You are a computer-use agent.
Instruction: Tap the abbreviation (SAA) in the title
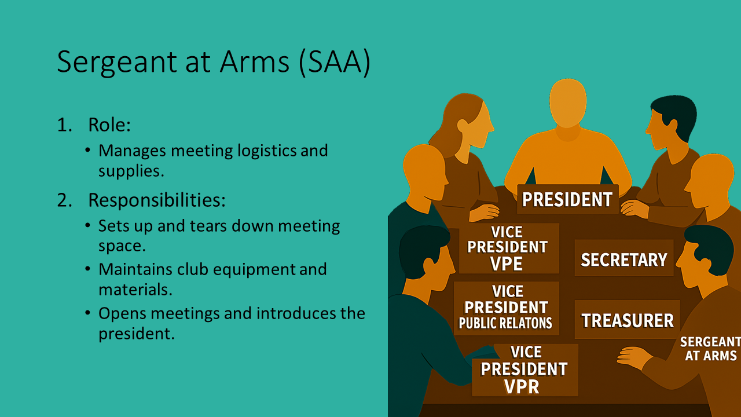coord(334,62)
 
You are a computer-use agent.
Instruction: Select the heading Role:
coord(109,125)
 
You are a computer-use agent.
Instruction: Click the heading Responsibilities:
coord(157,200)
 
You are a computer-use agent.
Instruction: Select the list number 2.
coord(65,200)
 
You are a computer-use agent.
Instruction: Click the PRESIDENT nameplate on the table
coord(568,199)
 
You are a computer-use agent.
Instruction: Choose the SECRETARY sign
coord(624,259)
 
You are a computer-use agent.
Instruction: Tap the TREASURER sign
coord(627,320)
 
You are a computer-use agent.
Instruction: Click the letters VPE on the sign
coord(506,264)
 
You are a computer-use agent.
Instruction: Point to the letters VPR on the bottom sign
coord(522,386)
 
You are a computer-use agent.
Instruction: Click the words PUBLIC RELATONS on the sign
coord(505,323)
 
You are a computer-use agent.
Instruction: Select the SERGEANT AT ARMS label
coord(710,349)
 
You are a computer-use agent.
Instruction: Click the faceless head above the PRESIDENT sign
coord(568,103)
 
